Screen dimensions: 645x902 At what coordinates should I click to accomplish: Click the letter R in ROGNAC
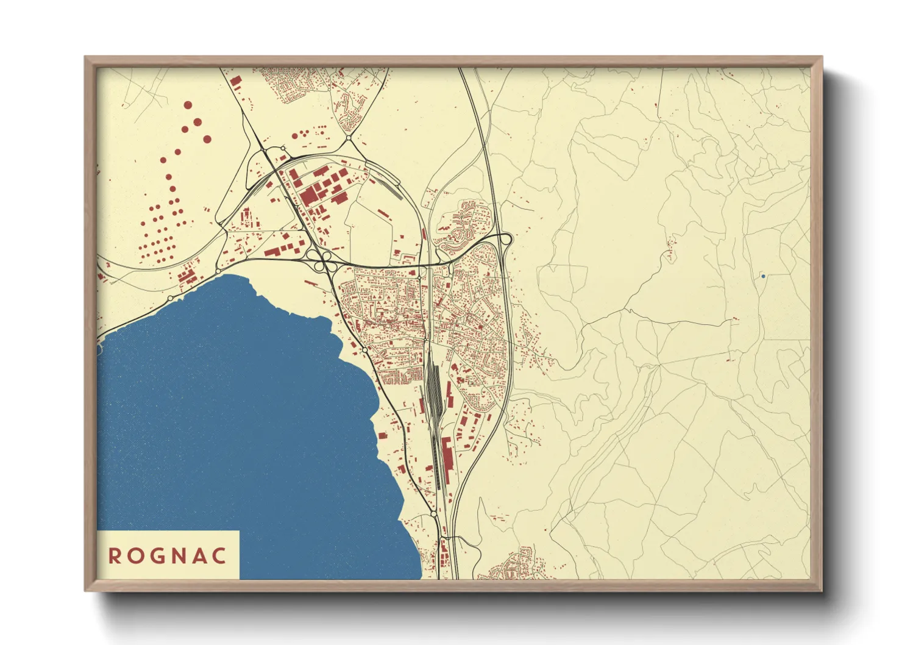coord(114,556)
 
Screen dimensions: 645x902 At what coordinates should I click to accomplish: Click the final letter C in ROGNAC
coord(220,556)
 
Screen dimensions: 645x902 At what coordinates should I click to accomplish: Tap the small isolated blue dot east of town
coord(762,276)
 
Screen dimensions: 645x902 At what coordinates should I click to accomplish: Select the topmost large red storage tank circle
coord(188,105)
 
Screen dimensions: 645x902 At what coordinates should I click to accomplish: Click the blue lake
coord(244,415)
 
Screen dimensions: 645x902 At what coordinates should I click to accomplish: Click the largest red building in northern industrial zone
coord(309,196)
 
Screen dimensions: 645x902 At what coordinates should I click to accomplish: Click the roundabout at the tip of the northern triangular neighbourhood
coord(348,138)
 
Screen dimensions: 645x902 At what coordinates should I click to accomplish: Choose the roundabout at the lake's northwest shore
coord(218,271)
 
